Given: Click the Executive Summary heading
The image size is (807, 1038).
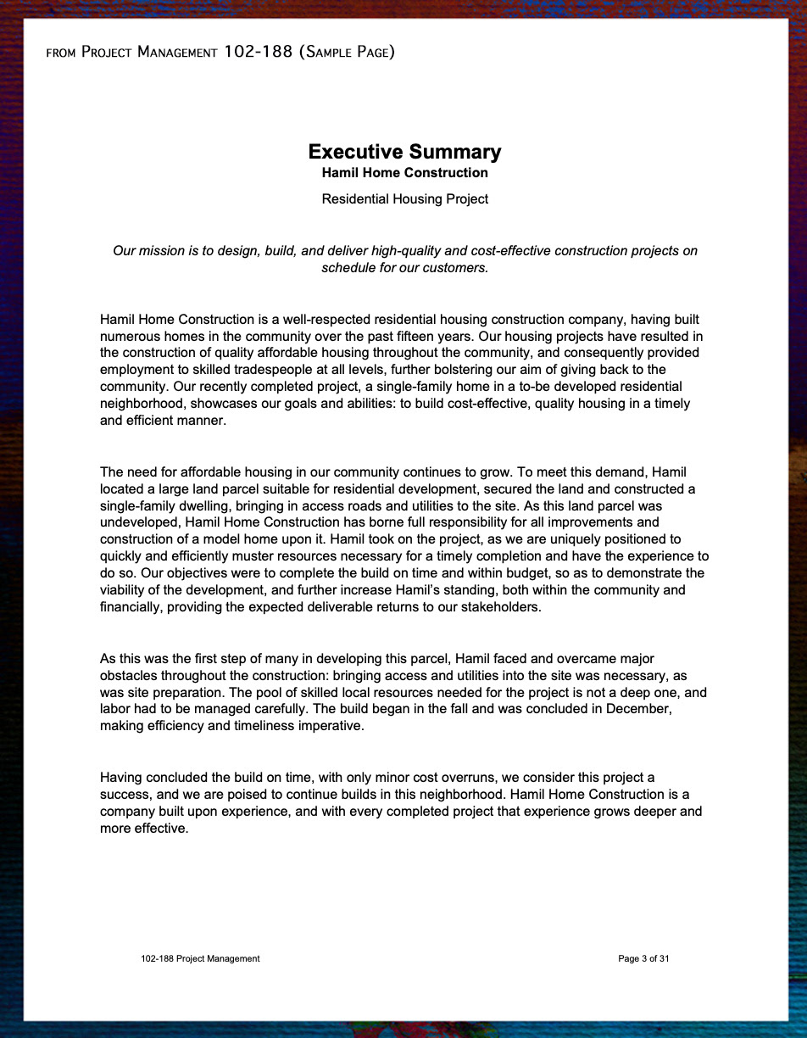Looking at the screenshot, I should [x=404, y=152].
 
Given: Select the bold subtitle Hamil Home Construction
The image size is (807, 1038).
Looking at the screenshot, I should [x=404, y=173].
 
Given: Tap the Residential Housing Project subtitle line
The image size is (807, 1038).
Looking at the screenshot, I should [x=404, y=199].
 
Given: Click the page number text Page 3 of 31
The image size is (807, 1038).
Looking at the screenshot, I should [x=643, y=959].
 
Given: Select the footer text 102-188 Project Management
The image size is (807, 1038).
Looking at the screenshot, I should [x=200, y=959].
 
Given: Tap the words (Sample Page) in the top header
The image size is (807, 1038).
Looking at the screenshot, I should [x=347, y=53].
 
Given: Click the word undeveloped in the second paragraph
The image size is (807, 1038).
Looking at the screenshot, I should [x=139, y=522].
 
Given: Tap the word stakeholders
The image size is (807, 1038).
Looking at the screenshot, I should [x=498, y=607].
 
